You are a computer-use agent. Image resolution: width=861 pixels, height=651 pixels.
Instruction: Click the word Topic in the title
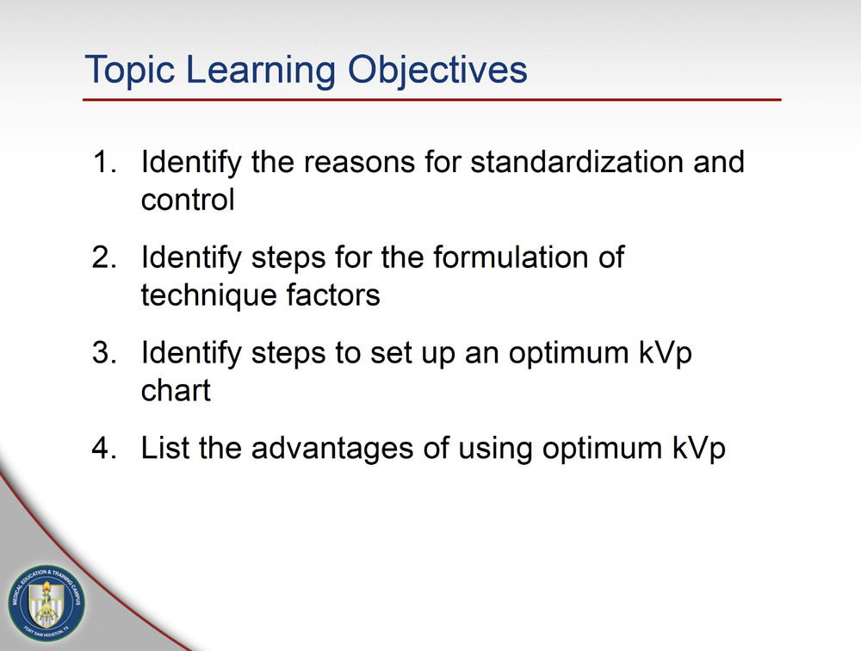[130, 71]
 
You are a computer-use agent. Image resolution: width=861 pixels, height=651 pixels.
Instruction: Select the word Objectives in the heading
[437, 71]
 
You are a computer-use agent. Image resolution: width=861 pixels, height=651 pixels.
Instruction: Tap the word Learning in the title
[261, 71]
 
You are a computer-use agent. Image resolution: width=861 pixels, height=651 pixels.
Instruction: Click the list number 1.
[104, 162]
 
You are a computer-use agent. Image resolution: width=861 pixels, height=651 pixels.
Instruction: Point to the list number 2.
[104, 257]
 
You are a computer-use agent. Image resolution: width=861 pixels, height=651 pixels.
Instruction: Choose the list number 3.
[104, 352]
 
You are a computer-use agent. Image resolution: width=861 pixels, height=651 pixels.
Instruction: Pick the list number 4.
[104, 448]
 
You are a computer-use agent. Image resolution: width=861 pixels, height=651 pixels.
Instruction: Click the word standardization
[577, 162]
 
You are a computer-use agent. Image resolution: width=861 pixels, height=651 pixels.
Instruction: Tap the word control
[188, 200]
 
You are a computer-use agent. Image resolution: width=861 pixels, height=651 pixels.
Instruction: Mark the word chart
[176, 391]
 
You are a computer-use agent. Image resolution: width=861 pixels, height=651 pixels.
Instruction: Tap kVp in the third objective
[665, 354]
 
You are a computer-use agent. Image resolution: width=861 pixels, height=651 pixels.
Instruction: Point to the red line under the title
[432, 100]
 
